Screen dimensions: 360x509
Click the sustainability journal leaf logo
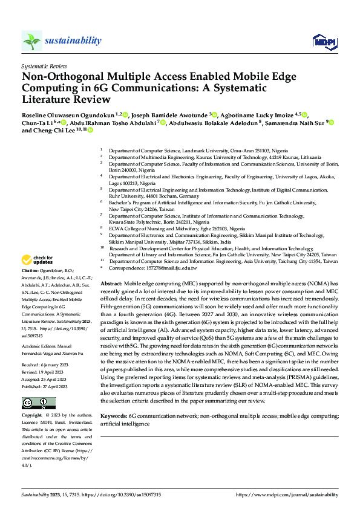click(x=32, y=41)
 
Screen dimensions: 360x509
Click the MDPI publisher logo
click(x=325, y=41)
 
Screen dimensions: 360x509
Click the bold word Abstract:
click(x=111, y=283)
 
